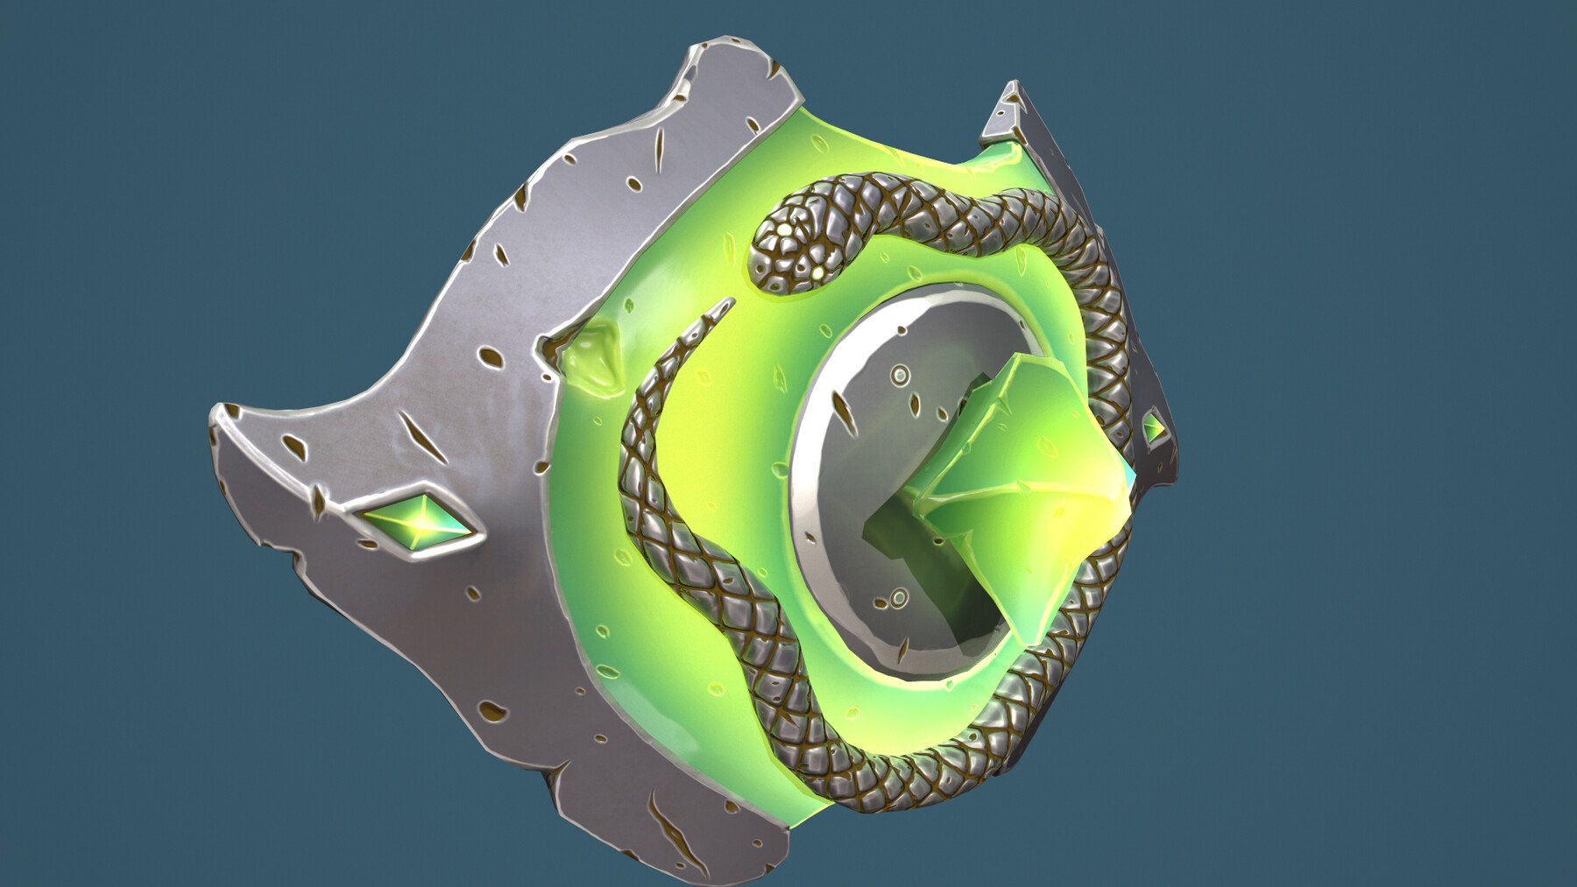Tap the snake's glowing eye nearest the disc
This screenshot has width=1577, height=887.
[x=817, y=274]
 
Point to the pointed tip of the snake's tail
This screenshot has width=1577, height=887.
[x=729, y=301]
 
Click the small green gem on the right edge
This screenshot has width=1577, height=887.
[x=1154, y=428]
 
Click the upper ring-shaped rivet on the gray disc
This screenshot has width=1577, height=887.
[x=900, y=377]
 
